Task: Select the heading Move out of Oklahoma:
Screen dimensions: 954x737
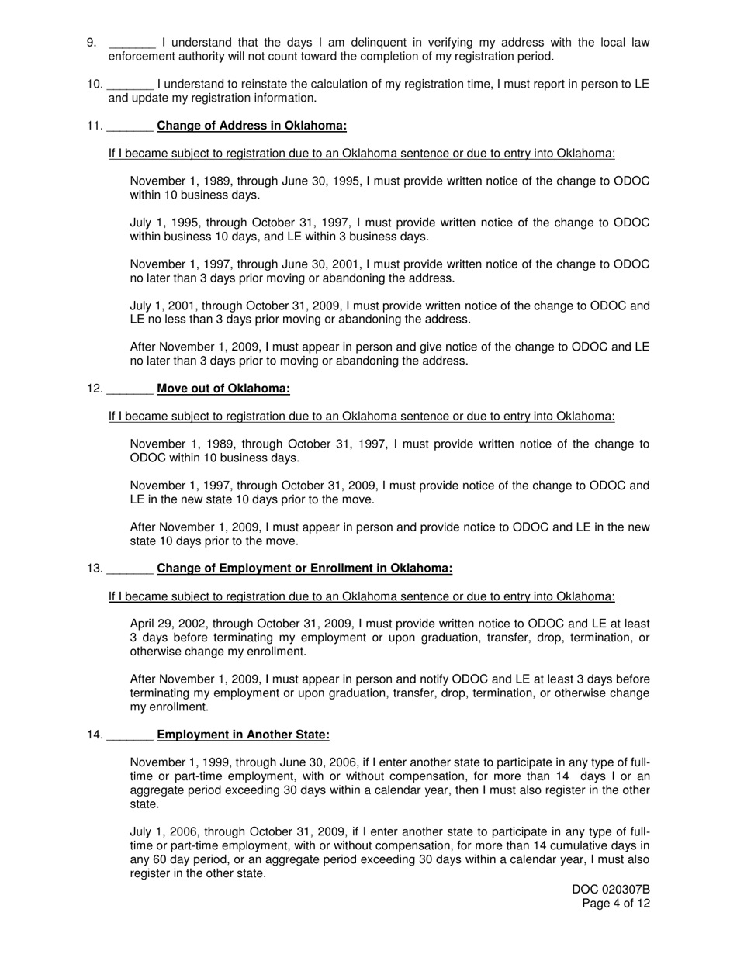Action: click(223, 389)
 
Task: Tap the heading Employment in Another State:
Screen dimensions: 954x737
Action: click(243, 735)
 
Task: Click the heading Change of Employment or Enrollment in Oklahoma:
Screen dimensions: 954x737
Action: click(304, 569)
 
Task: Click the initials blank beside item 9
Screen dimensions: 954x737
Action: click(132, 43)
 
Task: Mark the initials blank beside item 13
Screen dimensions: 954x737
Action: click(130, 569)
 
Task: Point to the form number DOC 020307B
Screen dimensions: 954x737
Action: click(611, 890)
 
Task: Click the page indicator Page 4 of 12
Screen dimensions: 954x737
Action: click(616, 904)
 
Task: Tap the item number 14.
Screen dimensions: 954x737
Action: click(94, 735)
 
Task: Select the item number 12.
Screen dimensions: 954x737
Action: click(94, 389)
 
